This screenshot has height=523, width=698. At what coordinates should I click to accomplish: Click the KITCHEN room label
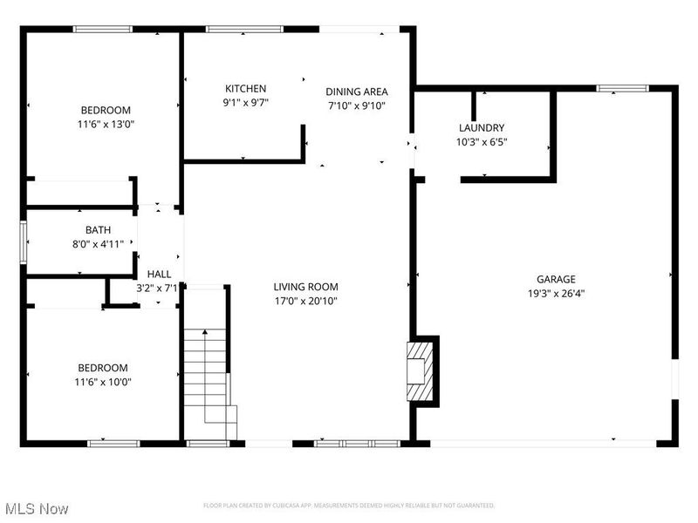click(x=245, y=89)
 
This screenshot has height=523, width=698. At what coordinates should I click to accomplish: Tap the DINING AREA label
click(x=357, y=92)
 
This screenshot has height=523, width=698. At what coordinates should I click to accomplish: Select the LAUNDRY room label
click(x=481, y=127)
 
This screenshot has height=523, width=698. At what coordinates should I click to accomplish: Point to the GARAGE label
click(x=556, y=280)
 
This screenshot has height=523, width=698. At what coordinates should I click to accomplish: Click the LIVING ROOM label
click(x=305, y=287)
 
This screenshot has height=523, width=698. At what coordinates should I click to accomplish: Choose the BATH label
click(x=98, y=230)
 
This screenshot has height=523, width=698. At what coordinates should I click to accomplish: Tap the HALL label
click(x=159, y=274)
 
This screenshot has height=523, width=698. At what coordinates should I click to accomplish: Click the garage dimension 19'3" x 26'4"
click(x=556, y=294)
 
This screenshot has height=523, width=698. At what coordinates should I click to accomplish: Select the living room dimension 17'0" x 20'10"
click(x=305, y=301)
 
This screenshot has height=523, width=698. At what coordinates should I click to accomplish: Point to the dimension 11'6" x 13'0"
click(x=106, y=124)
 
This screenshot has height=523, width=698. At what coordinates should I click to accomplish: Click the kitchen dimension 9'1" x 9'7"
click(x=245, y=102)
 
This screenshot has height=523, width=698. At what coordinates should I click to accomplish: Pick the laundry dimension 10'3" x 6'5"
click(x=481, y=141)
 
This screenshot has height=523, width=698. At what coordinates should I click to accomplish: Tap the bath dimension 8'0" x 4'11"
click(x=98, y=244)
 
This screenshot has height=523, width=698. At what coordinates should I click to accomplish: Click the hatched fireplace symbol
click(x=421, y=370)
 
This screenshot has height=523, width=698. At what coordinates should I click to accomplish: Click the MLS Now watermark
click(x=36, y=508)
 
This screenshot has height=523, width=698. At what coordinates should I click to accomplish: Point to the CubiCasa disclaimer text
click(x=349, y=506)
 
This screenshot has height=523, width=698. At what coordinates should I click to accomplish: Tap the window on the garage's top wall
click(x=622, y=88)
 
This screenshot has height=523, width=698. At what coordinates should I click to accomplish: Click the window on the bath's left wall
click(x=24, y=241)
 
